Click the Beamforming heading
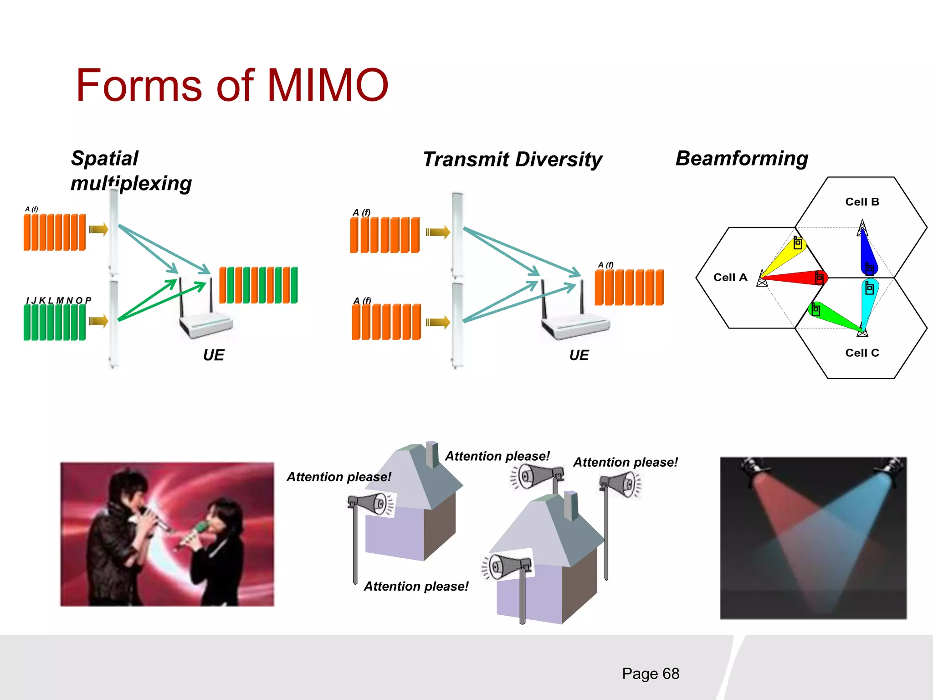[x=742, y=159]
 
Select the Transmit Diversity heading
[x=513, y=160]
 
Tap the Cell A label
[x=730, y=278]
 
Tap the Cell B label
[x=862, y=202]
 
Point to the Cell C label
[x=862, y=353]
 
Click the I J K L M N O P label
[x=59, y=300]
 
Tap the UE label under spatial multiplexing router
[x=214, y=355]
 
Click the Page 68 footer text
[x=650, y=674]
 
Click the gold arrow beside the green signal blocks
[x=98, y=321]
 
